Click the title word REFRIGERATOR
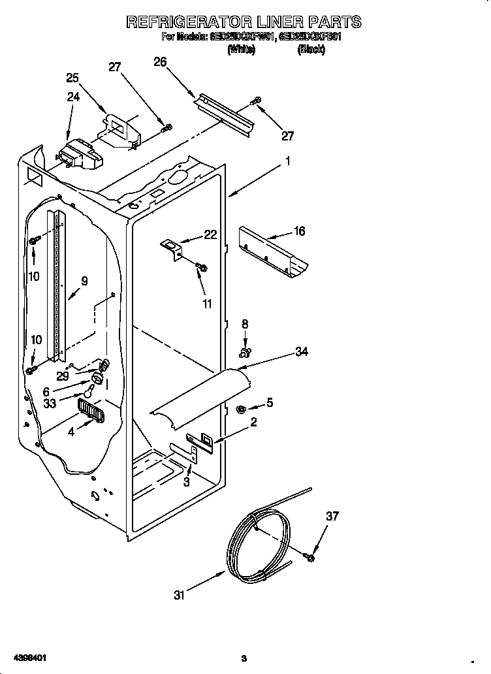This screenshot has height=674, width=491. click(197, 22)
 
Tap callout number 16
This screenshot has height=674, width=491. click(299, 231)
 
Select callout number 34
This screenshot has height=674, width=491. click(301, 352)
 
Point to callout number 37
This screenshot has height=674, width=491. click(332, 517)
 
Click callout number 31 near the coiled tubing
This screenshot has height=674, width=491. click(180, 595)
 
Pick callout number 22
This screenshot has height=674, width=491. click(210, 235)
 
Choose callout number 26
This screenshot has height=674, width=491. click(160, 62)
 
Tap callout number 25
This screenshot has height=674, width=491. click(72, 78)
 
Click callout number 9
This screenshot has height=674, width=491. click(84, 281)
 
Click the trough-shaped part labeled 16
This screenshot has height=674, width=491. click(273, 251)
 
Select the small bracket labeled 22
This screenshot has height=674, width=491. click(173, 248)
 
